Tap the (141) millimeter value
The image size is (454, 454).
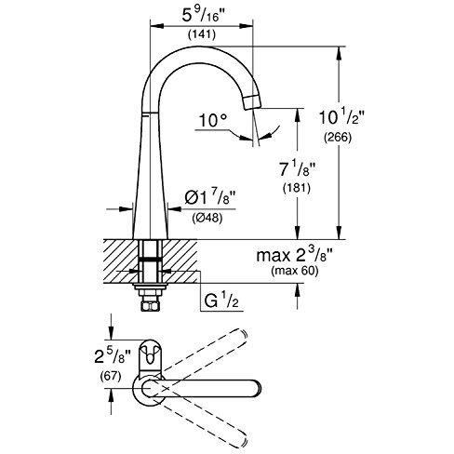pos(202,34)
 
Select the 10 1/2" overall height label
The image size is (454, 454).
pos(341,117)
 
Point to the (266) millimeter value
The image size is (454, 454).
pos(338,137)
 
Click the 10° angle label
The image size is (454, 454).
pos(213,120)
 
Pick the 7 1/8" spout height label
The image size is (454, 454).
pos(297,169)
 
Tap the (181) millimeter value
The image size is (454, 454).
pos(297,188)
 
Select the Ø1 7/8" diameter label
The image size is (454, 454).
pos(210,198)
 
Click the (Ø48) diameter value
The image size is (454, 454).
pos(207,218)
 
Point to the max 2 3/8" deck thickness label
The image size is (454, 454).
pos(295,256)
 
